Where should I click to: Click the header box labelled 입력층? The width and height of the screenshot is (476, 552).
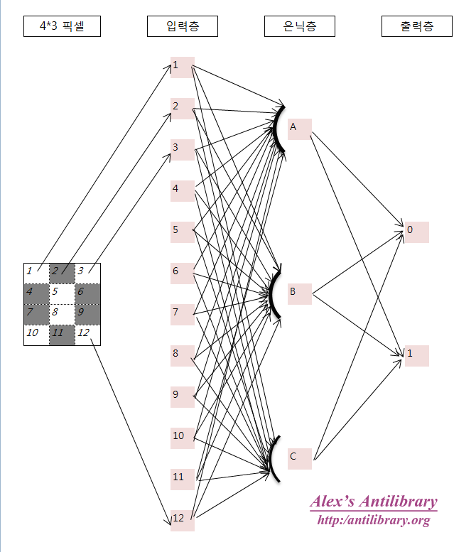click(x=183, y=27)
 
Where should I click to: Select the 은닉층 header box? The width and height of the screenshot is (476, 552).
click(x=300, y=27)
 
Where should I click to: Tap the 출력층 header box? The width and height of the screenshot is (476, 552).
click(x=416, y=27)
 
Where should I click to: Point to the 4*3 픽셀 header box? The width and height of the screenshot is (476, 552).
click(x=62, y=27)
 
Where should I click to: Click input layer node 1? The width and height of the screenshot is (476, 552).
click(x=182, y=67)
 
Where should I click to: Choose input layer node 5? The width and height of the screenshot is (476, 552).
click(x=182, y=231)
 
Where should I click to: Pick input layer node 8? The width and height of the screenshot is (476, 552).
click(x=182, y=354)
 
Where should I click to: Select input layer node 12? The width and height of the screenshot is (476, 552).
click(x=182, y=519)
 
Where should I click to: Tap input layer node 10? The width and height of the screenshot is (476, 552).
click(x=182, y=437)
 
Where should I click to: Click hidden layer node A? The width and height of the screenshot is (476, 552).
click(x=299, y=129)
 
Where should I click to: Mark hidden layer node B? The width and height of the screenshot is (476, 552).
click(x=299, y=293)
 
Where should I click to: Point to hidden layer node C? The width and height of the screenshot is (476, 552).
click(x=299, y=458)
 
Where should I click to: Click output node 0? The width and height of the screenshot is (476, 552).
click(x=416, y=232)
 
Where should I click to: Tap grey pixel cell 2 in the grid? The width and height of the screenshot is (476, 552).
click(x=62, y=271)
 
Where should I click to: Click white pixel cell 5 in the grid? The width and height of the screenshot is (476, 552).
click(x=62, y=291)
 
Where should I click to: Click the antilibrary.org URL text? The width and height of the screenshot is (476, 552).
click(x=373, y=521)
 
